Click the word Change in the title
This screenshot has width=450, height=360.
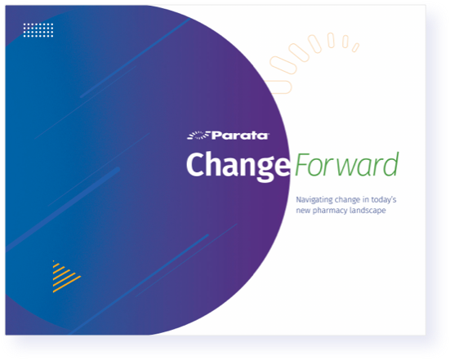(238, 166)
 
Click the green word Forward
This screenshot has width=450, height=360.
(346, 164)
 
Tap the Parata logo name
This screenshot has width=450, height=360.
(240, 136)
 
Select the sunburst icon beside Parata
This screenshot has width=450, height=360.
(198, 136)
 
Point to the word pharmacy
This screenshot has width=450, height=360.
(330, 211)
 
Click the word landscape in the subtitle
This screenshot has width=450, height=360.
(368, 211)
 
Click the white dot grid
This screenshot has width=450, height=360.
(38, 30)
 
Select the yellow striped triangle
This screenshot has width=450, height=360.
(65, 276)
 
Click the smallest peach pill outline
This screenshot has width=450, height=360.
(355, 47)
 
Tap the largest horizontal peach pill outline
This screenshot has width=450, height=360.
(278, 87)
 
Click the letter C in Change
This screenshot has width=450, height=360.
(197, 164)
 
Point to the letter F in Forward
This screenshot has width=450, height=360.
(302, 164)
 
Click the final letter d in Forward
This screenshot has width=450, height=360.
(390, 164)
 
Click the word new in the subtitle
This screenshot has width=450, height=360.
(303, 211)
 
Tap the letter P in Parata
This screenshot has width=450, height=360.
(216, 136)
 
